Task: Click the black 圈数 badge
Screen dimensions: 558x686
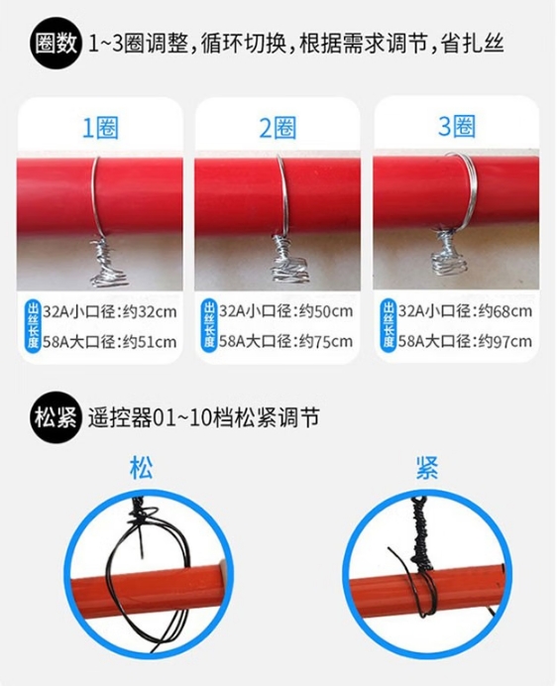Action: coord(56,44)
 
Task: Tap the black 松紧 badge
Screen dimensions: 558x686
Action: coord(56,417)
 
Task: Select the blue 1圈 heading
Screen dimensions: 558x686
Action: coord(100,128)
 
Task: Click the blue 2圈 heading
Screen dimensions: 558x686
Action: coord(278,128)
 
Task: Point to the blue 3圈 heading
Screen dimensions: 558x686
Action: coord(456,127)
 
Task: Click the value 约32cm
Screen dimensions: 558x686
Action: coord(150,312)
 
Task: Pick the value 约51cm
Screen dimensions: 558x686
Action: coord(150,342)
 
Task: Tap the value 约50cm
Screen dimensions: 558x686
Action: coord(326,311)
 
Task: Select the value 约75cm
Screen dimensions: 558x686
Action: coord(326,341)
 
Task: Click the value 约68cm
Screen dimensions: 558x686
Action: coord(505,311)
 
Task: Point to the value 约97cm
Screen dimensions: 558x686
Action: coord(505,341)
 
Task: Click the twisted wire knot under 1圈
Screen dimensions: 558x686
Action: coord(107,264)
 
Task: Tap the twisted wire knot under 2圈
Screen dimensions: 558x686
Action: coord(289,260)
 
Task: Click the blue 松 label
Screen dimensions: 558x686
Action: coord(142,468)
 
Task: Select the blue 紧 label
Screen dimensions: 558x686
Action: coord(426,468)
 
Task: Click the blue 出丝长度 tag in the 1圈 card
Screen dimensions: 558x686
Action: coord(34,326)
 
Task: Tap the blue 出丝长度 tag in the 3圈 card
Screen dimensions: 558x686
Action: coord(389,326)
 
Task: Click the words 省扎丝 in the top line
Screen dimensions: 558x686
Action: coord(473,44)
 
